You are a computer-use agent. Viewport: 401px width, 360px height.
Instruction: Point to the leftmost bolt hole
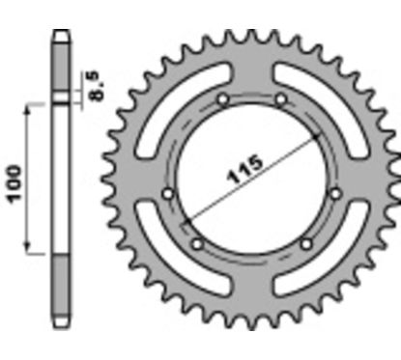pos(168,193)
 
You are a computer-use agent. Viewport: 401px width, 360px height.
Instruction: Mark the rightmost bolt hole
pos(335,193)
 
